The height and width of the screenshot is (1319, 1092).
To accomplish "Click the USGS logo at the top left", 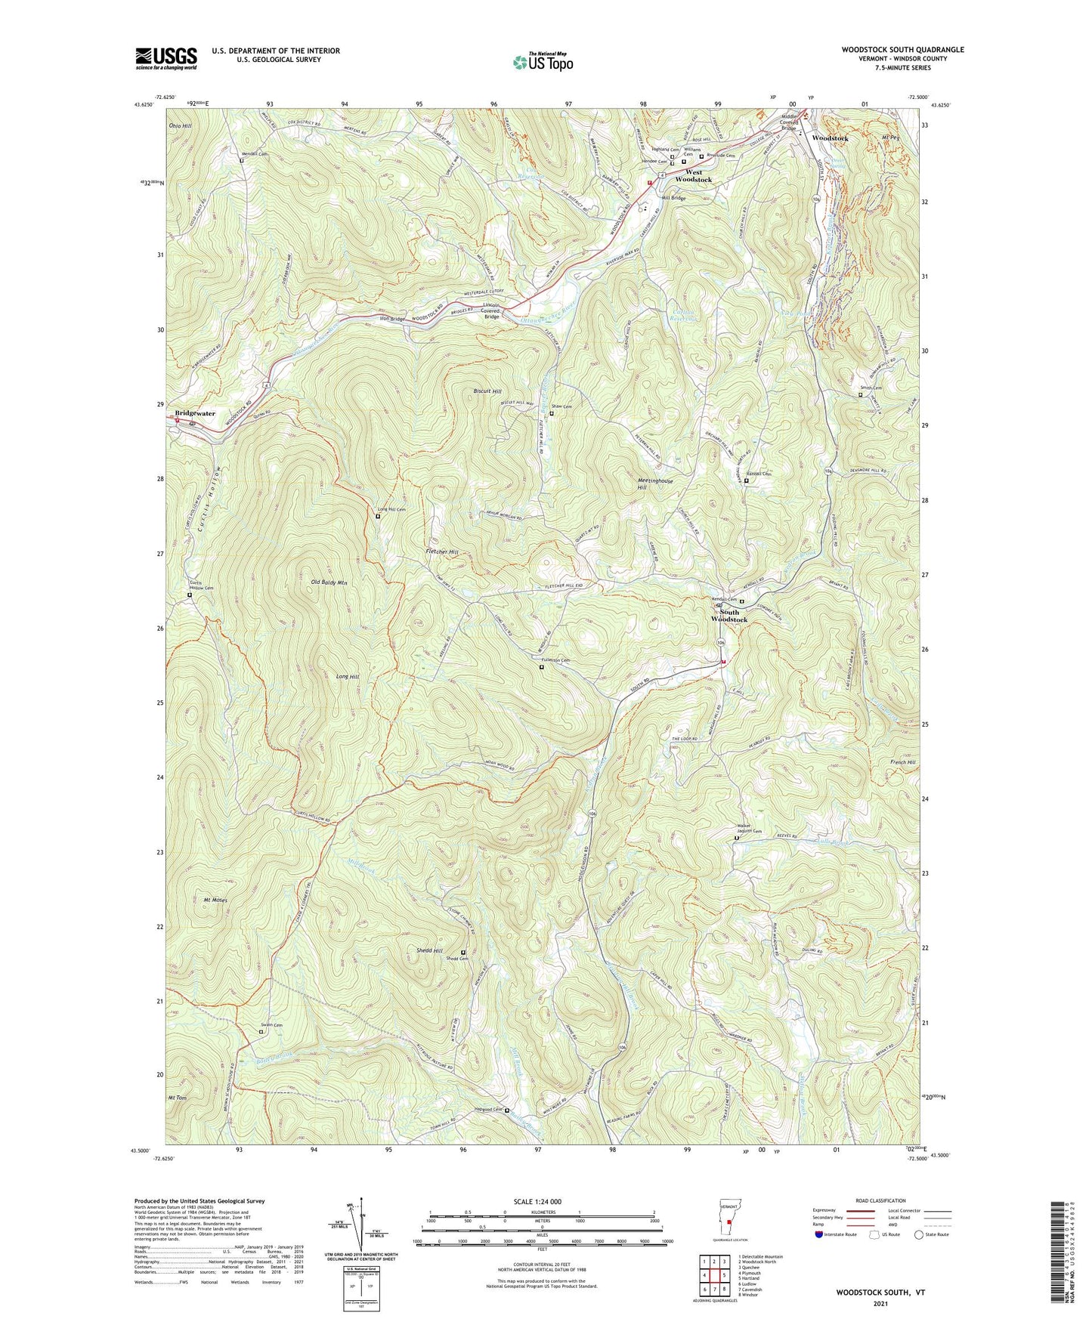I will point(166,57).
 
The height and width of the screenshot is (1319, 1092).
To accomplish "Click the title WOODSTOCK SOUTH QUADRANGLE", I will point(902,50).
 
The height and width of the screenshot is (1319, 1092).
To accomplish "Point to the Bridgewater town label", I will point(195,413).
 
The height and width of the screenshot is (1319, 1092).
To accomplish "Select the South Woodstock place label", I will point(729,616).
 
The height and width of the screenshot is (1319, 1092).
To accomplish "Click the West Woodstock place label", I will point(693,176).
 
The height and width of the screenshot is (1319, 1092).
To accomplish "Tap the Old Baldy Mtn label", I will point(329,582).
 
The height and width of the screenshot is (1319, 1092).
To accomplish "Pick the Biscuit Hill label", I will point(487,391).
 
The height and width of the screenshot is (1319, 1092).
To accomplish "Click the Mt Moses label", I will point(215,900).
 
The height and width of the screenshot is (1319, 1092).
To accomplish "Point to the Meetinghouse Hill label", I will point(654,484).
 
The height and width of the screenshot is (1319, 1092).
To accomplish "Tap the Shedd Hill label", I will point(429,950).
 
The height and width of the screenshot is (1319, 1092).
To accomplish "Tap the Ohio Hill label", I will point(181,125).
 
